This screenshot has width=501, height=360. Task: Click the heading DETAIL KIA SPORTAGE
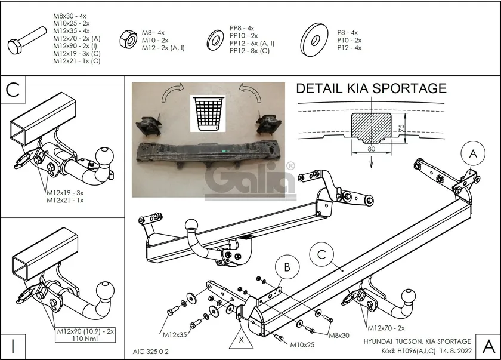(371, 88)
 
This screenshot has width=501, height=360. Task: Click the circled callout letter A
(472, 154)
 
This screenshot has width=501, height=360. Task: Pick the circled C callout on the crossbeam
(321, 255)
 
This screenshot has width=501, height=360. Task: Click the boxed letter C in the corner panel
(14, 90)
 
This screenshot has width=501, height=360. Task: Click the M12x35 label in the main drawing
(175, 334)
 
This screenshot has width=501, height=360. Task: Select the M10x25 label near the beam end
(302, 344)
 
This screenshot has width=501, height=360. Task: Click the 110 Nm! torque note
(83, 339)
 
